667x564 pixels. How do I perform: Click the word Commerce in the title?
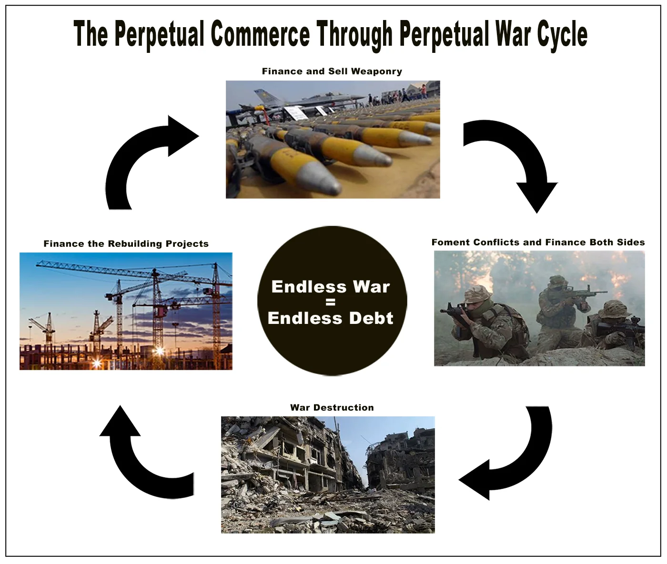click(x=260, y=34)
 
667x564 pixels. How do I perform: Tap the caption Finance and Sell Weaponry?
click(x=332, y=71)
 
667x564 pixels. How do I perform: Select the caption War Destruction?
click(x=332, y=407)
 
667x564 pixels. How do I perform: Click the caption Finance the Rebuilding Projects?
click(x=126, y=243)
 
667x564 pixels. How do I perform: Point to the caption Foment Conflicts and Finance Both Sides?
click(x=538, y=242)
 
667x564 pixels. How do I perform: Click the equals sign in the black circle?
click(x=331, y=302)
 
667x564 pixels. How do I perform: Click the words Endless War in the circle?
click(x=331, y=286)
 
